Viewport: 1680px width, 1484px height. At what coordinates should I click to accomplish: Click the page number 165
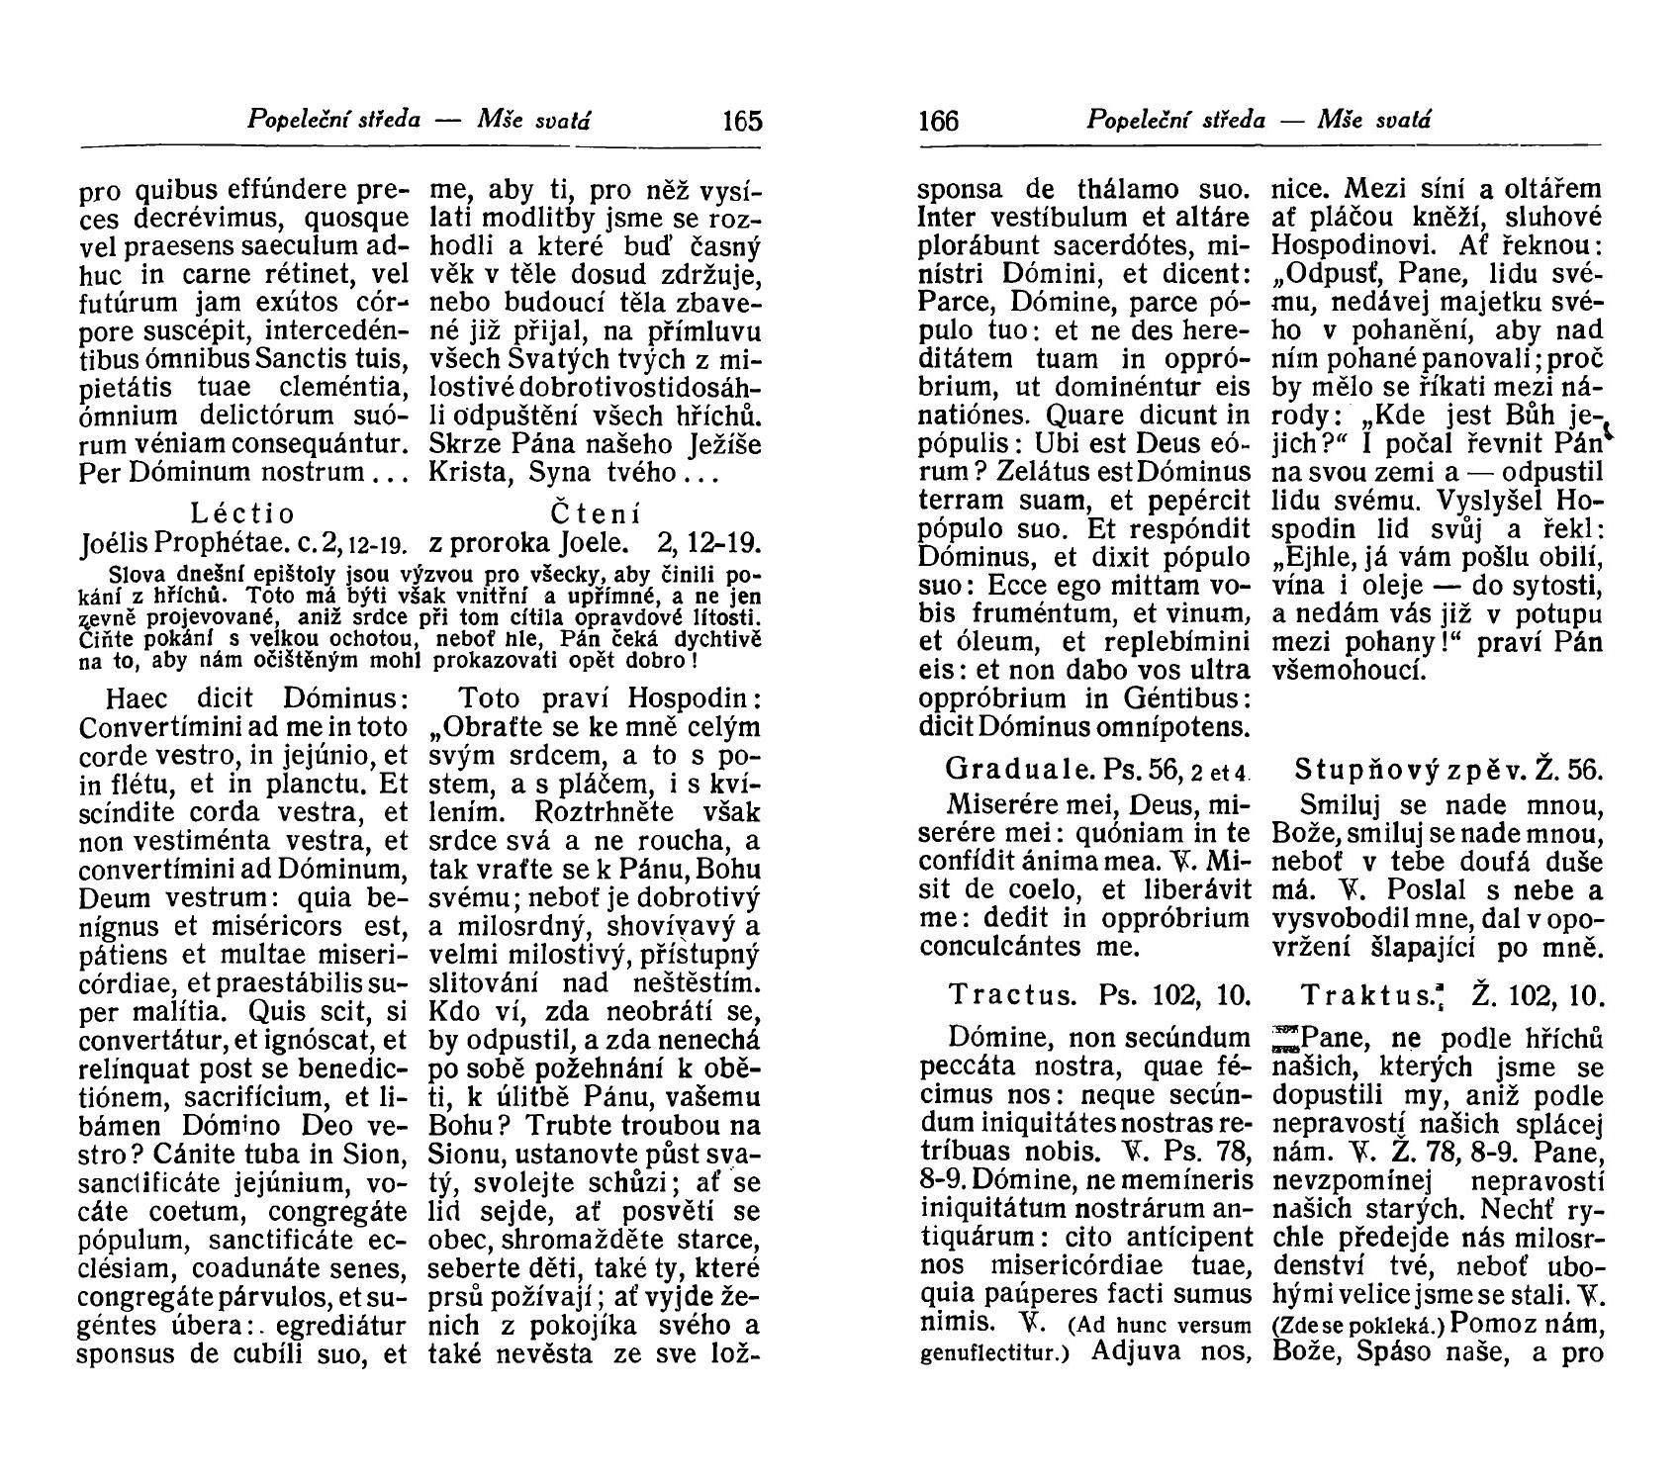(x=742, y=121)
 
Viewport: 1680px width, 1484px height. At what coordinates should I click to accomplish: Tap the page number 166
(x=939, y=121)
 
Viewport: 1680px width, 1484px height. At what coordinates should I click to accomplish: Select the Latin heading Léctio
(x=242, y=513)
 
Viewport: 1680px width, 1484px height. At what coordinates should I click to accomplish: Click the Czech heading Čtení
(x=595, y=513)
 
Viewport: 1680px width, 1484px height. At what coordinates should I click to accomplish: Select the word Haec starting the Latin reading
(x=138, y=698)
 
